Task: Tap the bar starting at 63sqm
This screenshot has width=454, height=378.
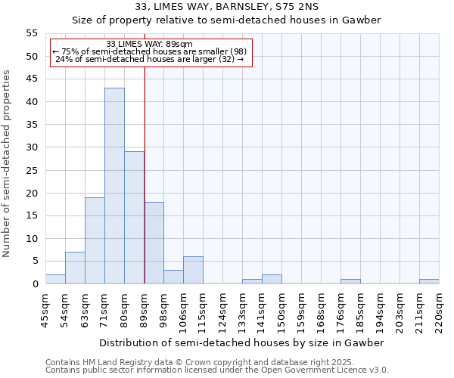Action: pyautogui.click(x=95, y=240)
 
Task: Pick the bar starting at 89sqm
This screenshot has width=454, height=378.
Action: pyautogui.click(x=154, y=243)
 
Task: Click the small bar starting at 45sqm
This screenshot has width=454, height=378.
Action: pyautogui.click(x=55, y=279)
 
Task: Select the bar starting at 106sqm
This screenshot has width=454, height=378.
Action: pyautogui.click(x=193, y=270)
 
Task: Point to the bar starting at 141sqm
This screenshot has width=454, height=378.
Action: pyautogui.click(x=272, y=279)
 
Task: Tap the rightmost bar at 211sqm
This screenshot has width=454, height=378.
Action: pyautogui.click(x=429, y=281)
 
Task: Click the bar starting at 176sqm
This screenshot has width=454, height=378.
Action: pyautogui.click(x=350, y=281)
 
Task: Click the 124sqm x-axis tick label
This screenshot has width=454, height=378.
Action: pyautogui.click(x=222, y=311)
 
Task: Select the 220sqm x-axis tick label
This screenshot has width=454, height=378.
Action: pyautogui.click(x=439, y=311)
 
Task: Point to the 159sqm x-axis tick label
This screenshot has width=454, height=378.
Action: pyautogui.click(x=301, y=311)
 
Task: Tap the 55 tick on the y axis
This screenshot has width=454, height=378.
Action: pyautogui.click(x=32, y=33)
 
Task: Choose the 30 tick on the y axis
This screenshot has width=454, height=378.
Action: pyautogui.click(x=32, y=147)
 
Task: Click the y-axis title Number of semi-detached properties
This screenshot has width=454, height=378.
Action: pyautogui.click(x=8, y=163)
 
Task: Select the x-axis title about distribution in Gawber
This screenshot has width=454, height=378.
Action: pyautogui.click(x=241, y=342)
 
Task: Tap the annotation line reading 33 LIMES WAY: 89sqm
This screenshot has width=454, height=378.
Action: pyautogui.click(x=150, y=44)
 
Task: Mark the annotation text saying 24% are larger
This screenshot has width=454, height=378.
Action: pyautogui.click(x=150, y=59)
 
